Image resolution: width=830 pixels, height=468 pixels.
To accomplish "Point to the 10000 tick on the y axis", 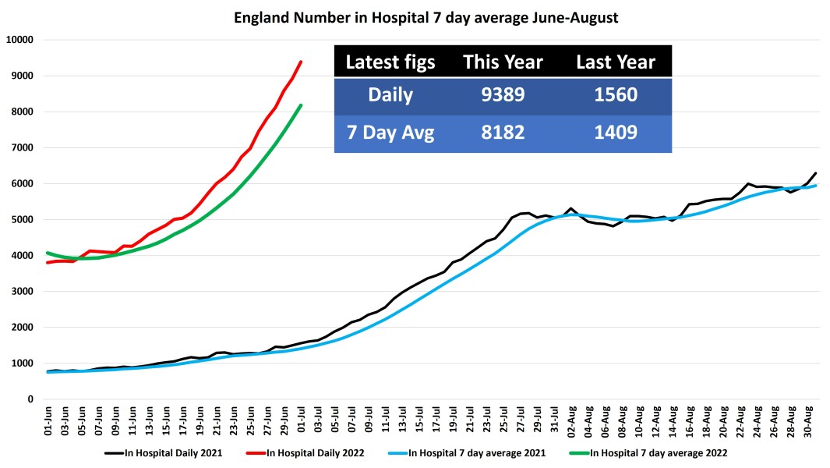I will [19, 40].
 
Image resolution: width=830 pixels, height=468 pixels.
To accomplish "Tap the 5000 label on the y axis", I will [23, 220].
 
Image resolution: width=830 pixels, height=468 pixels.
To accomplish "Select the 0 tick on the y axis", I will [30, 399].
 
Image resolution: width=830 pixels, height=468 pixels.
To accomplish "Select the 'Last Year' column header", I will [615, 62].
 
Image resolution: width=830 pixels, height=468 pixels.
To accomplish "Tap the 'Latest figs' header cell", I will [390, 62].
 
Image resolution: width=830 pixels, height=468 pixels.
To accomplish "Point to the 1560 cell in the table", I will [615, 96].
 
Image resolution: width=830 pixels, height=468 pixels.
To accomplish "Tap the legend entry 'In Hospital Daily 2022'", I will [308, 452].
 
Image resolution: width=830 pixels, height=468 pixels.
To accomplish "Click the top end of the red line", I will [301, 62].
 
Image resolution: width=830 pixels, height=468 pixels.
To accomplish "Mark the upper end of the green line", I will [301, 105].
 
